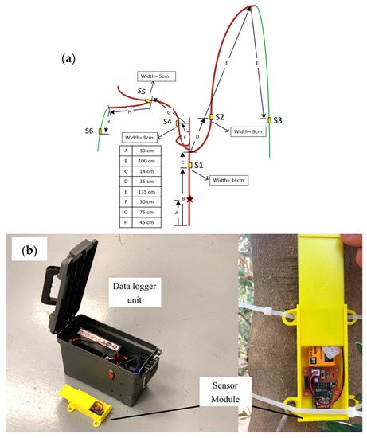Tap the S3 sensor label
279,119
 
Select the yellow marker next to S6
100,131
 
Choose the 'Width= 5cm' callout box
155,76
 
